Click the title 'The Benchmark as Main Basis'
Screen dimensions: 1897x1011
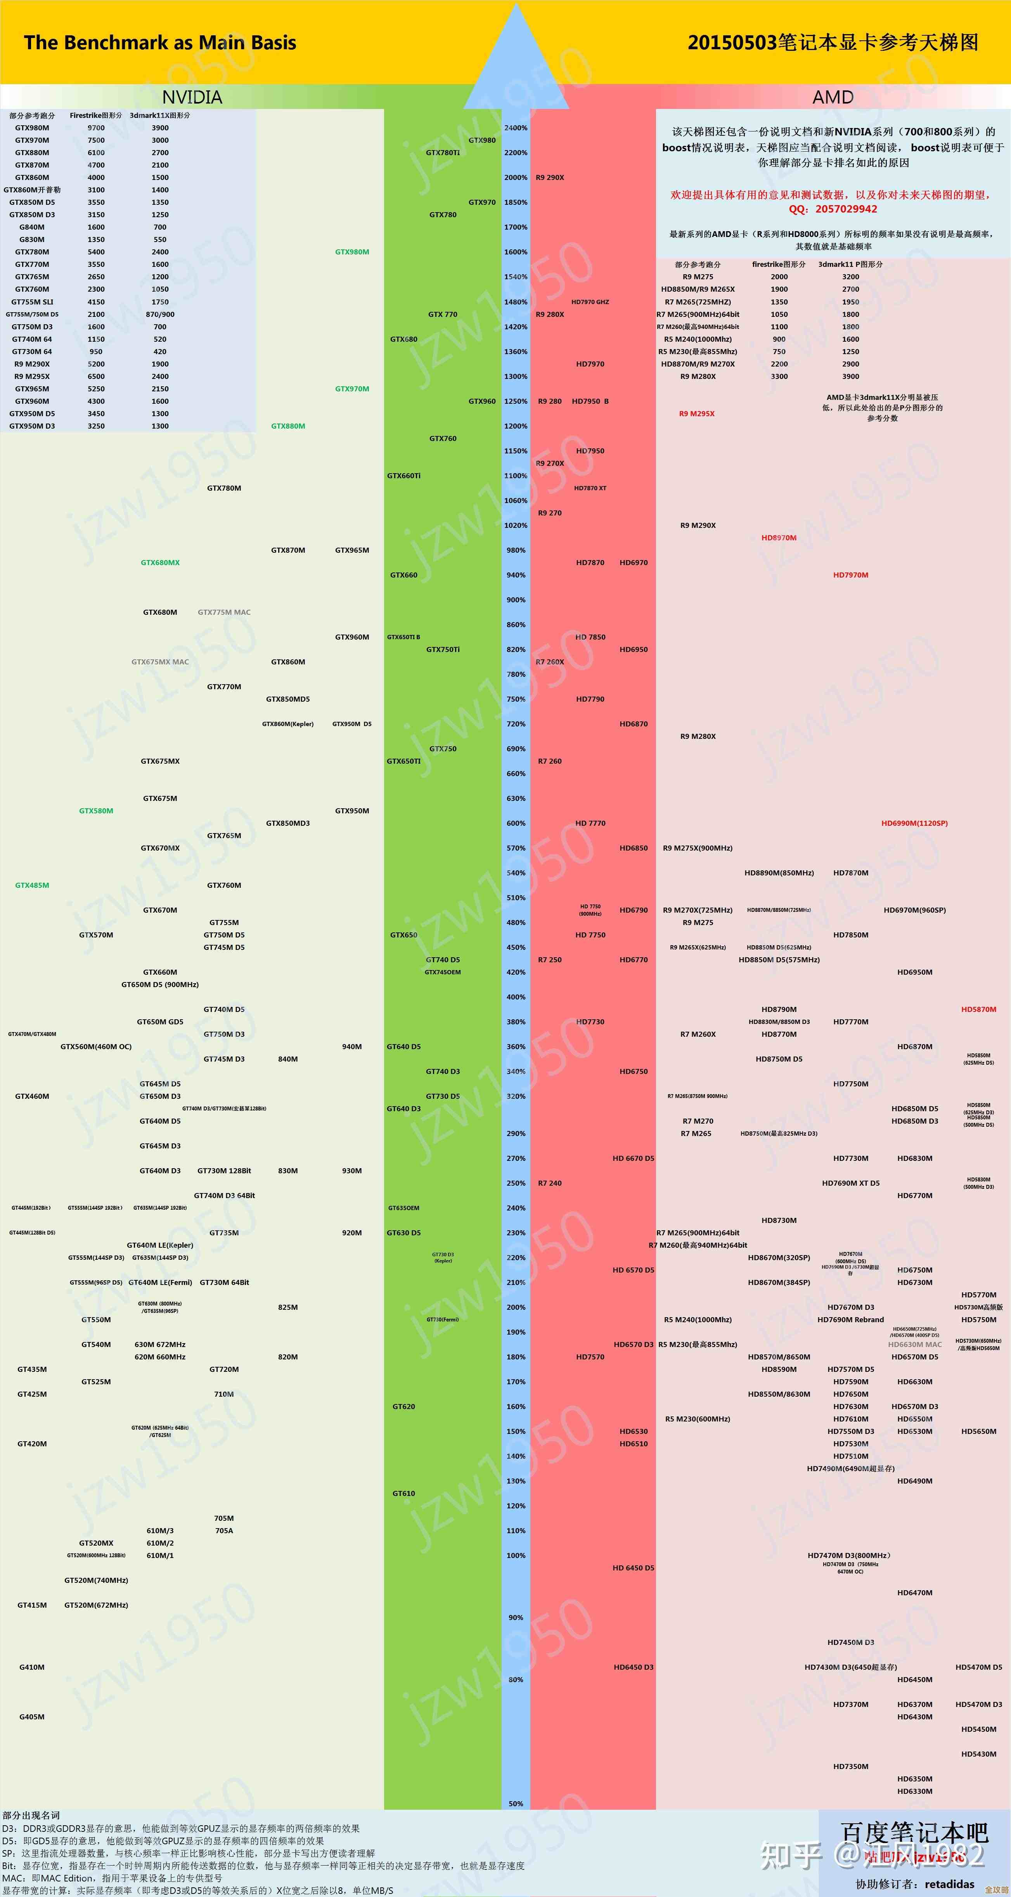pos(160,43)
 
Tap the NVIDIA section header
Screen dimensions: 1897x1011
pos(191,97)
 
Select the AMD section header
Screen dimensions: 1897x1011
pos(832,97)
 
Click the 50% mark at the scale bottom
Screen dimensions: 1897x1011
pos(516,1804)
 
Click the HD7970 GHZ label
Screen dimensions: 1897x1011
pos(590,302)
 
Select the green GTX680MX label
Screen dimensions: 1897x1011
pos(160,563)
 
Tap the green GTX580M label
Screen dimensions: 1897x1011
pos(96,811)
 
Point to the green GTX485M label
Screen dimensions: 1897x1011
pos(32,885)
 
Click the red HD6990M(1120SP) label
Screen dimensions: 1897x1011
pos(914,823)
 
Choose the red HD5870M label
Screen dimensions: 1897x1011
pos(978,1010)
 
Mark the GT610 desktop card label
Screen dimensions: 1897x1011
pos(403,1494)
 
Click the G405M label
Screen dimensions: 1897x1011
pos(32,1717)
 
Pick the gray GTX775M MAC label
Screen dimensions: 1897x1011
pos(224,612)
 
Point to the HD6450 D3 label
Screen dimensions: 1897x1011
pos(633,1667)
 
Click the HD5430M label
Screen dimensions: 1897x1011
pos(978,1754)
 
